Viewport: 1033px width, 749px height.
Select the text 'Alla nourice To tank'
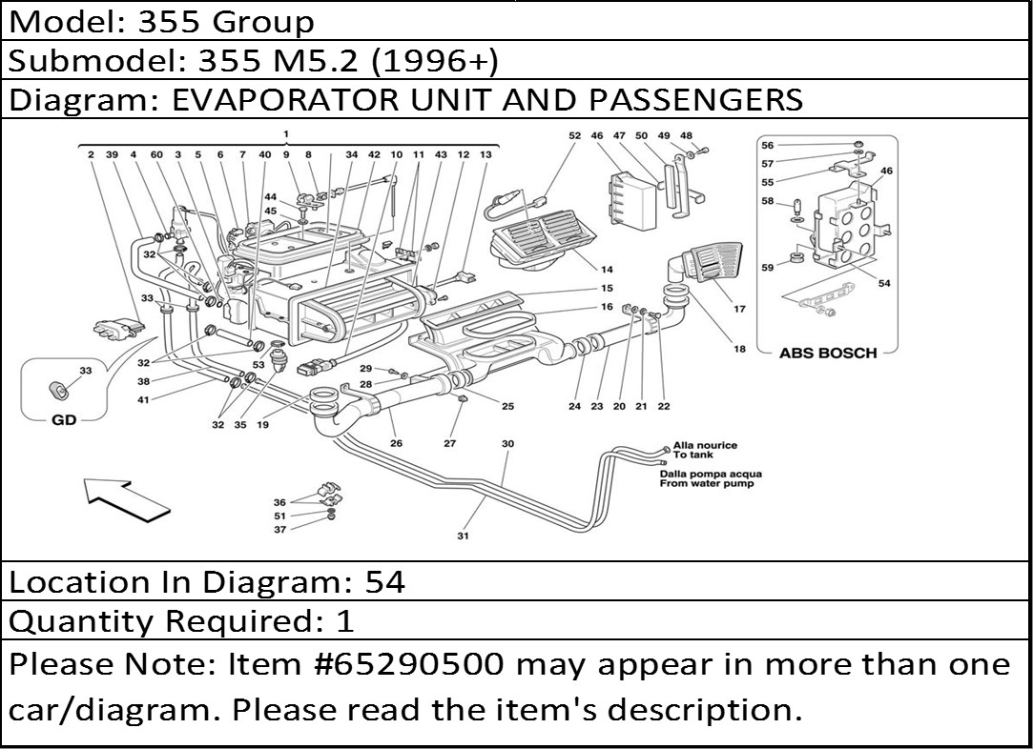(705, 450)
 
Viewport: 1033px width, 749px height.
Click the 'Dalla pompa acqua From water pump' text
(711, 478)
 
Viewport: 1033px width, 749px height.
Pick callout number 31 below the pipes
(463, 536)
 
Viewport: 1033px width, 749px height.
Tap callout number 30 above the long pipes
(507, 444)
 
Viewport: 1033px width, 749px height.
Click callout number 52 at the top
(574, 136)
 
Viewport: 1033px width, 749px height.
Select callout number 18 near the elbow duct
(739, 350)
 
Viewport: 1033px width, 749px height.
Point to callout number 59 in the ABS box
(768, 268)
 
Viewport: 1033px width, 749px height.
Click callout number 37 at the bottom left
(280, 530)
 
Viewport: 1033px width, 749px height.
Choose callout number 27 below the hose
(450, 444)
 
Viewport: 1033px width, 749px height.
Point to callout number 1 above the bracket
(285, 133)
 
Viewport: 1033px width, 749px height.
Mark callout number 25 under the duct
(507, 407)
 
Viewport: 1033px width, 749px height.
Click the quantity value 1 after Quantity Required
(345, 621)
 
